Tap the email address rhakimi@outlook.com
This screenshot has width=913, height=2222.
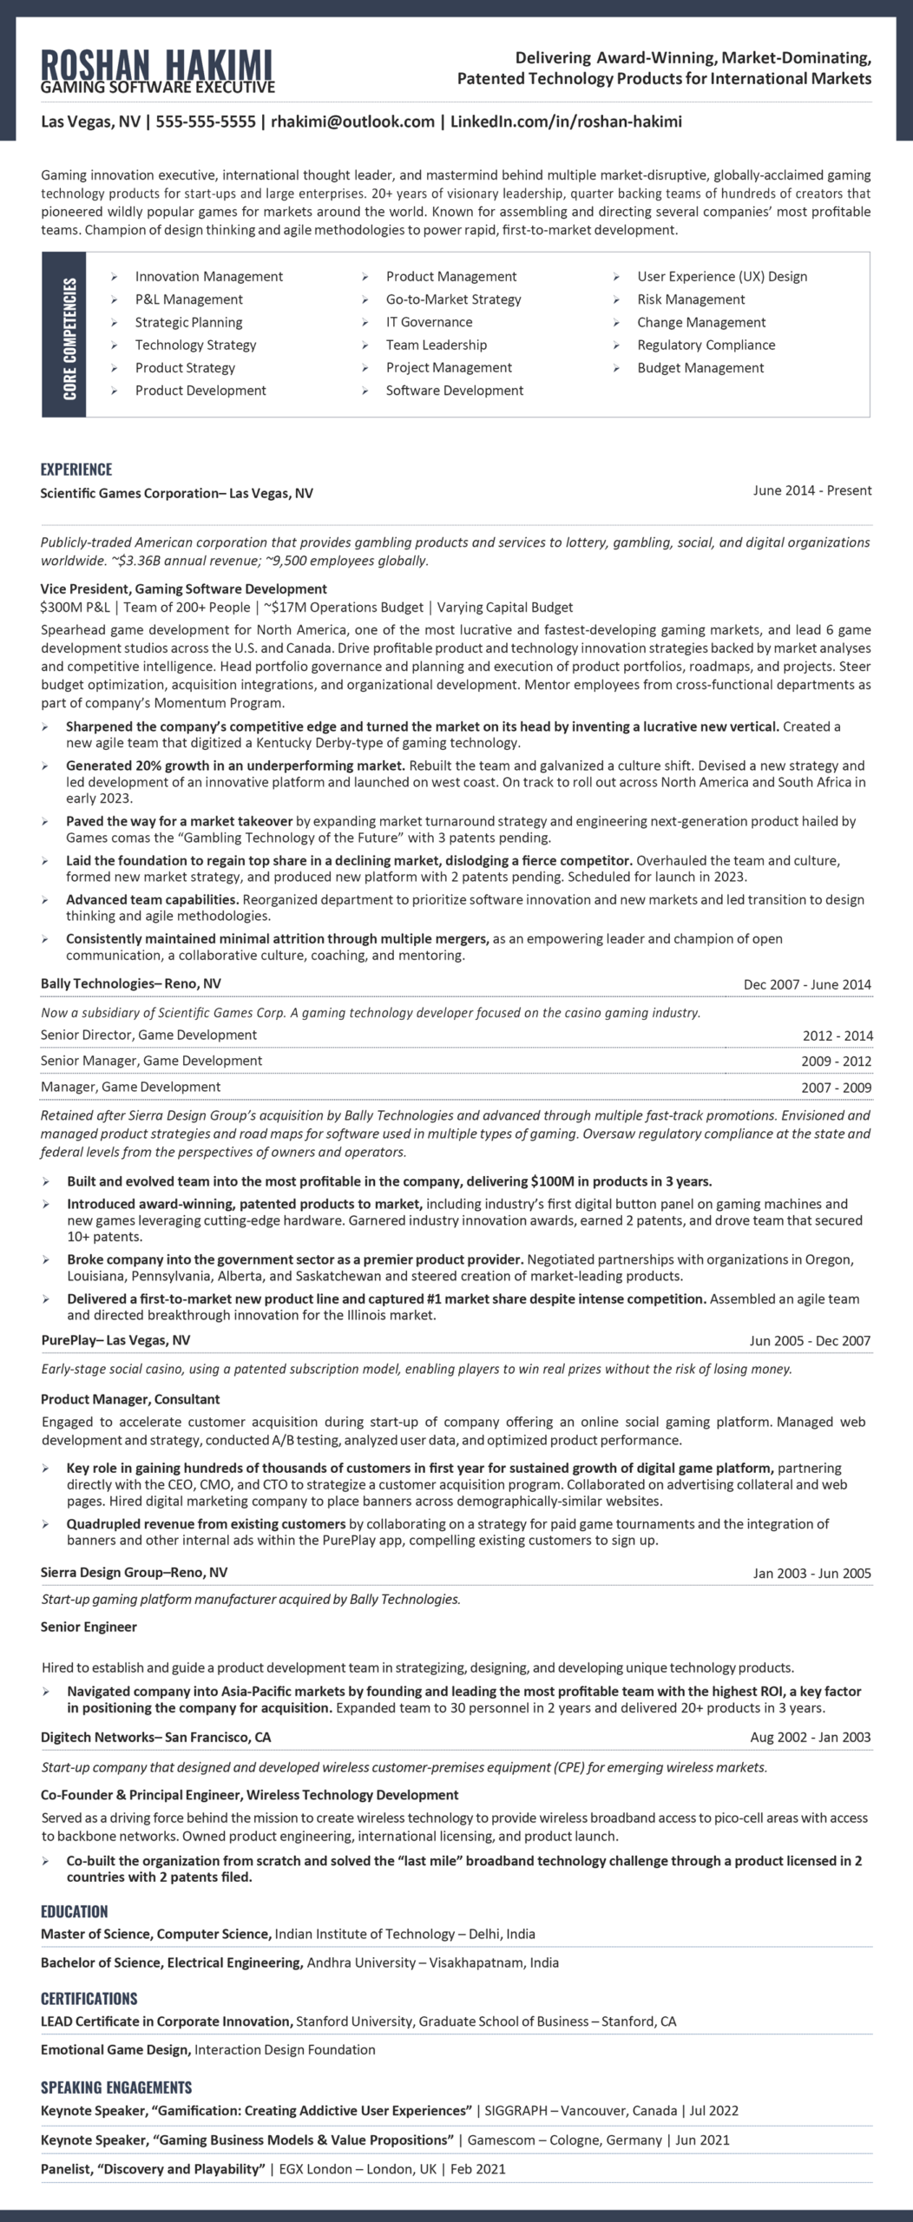point(352,122)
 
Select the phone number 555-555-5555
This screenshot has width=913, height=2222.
point(206,122)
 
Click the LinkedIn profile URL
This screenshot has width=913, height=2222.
point(566,122)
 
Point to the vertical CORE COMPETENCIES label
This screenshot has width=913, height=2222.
point(69,339)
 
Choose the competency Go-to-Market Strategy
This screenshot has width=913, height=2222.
point(453,299)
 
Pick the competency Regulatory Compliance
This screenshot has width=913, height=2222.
point(706,345)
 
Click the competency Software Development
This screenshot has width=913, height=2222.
point(454,391)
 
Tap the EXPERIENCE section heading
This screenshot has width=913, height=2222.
point(76,470)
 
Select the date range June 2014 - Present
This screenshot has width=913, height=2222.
point(811,490)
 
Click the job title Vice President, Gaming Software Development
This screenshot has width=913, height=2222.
point(184,588)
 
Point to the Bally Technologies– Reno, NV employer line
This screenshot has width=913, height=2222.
point(131,983)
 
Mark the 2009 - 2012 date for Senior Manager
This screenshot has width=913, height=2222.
point(836,1061)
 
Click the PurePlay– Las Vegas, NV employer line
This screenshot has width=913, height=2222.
point(115,1340)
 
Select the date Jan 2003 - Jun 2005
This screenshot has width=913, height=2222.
point(811,1573)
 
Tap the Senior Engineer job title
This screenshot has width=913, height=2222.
point(89,1627)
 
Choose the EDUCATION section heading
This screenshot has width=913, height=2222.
point(75,1911)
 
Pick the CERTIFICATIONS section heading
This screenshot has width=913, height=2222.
point(89,1998)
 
